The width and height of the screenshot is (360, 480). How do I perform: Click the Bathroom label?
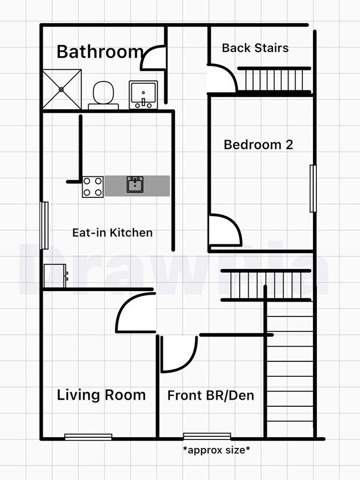[x=100, y=52]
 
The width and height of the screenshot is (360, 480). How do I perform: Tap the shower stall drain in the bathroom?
[x=61, y=89]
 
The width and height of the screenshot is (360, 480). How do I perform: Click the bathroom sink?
[x=143, y=95]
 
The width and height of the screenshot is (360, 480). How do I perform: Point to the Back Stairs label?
[x=255, y=48]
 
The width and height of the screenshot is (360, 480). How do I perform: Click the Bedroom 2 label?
[x=259, y=145]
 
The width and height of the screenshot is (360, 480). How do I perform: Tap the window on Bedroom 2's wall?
[x=313, y=188]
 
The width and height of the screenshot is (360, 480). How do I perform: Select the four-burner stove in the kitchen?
[x=92, y=187]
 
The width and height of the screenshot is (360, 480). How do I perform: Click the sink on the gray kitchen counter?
[x=135, y=185]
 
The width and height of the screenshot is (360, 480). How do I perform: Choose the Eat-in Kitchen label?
[x=112, y=233]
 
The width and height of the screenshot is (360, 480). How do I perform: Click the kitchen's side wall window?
[x=45, y=225]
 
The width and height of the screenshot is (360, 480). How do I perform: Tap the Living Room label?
[x=101, y=395]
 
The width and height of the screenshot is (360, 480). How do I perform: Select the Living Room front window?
[x=89, y=437]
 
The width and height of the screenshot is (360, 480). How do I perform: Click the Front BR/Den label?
[x=211, y=396]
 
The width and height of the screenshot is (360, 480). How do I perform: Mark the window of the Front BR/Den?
[x=207, y=436]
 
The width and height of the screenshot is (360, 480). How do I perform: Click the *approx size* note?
[x=217, y=450]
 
